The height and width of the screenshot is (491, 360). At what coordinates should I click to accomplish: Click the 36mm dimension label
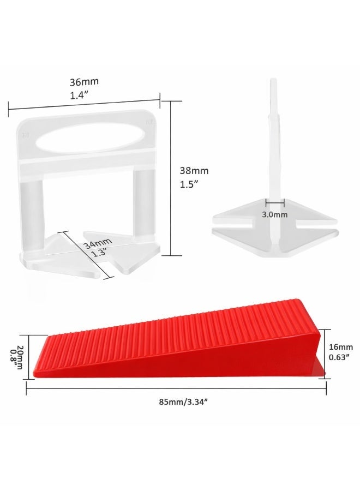84,82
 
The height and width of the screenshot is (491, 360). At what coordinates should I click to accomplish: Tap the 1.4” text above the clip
78,96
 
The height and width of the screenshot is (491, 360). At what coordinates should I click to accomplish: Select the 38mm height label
194,171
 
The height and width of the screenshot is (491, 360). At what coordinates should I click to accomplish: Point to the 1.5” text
189,184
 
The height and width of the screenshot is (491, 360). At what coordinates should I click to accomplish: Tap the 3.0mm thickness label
274,215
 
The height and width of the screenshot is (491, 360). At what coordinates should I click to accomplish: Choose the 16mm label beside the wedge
341,347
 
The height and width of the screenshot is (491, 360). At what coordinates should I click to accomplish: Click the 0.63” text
339,357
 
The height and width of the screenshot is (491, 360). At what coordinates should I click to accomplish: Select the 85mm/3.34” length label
183,402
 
